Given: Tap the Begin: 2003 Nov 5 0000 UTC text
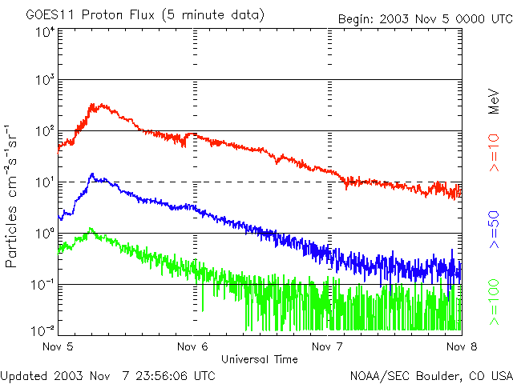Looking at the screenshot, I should click(423, 18).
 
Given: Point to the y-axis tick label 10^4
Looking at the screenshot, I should click(45, 33).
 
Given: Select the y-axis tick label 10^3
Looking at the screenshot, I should click(45, 80).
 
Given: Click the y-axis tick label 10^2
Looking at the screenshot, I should click(45, 131).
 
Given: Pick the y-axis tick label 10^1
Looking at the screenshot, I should click(45, 182).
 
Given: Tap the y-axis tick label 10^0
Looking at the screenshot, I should click(45, 234).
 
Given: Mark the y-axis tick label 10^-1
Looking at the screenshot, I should click(43, 285).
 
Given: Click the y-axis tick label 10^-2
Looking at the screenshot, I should click(43, 330).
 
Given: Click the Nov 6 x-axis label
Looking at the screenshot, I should click(192, 347).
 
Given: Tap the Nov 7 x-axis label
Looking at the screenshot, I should click(325, 347).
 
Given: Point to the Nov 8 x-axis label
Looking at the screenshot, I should click(457, 347).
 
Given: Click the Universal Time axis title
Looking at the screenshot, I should click(259, 359).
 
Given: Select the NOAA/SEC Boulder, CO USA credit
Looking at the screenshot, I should click(430, 375).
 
